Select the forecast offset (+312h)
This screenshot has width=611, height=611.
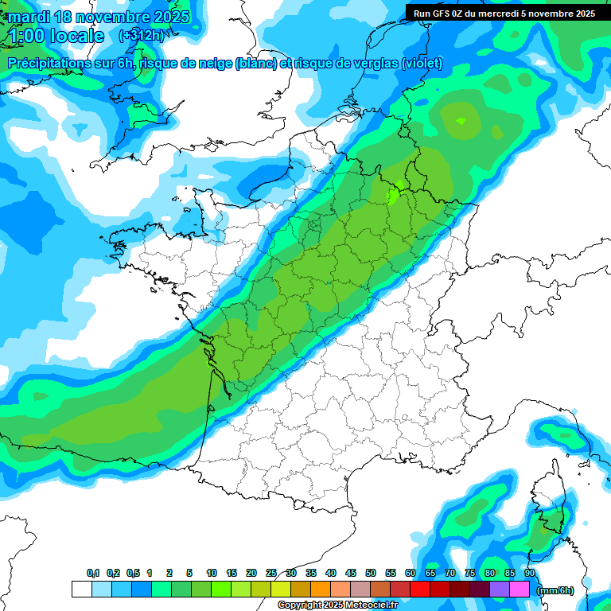[141, 36]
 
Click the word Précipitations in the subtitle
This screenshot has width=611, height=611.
[49, 64]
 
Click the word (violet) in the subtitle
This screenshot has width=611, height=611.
[422, 64]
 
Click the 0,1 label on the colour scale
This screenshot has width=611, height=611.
[93, 574]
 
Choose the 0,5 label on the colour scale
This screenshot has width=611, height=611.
[133, 574]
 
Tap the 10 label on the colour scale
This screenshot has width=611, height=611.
[212, 574]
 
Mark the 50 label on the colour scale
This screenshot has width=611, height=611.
[371, 574]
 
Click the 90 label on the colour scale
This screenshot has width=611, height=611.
[530, 574]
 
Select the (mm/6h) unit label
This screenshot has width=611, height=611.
[555, 590]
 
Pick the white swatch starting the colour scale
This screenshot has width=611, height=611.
[81, 589]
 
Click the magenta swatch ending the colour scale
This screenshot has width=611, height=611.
[520, 589]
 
